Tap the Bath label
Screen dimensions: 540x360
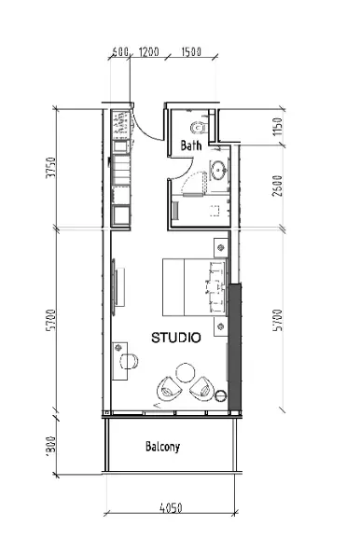tap(190, 145)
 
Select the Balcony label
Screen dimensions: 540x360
tap(162, 446)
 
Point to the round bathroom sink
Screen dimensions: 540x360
tap(217, 169)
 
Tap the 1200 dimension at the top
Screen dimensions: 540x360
tap(148, 52)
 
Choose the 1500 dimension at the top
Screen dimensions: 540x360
tap(192, 52)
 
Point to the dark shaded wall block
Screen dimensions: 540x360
tap(235, 345)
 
